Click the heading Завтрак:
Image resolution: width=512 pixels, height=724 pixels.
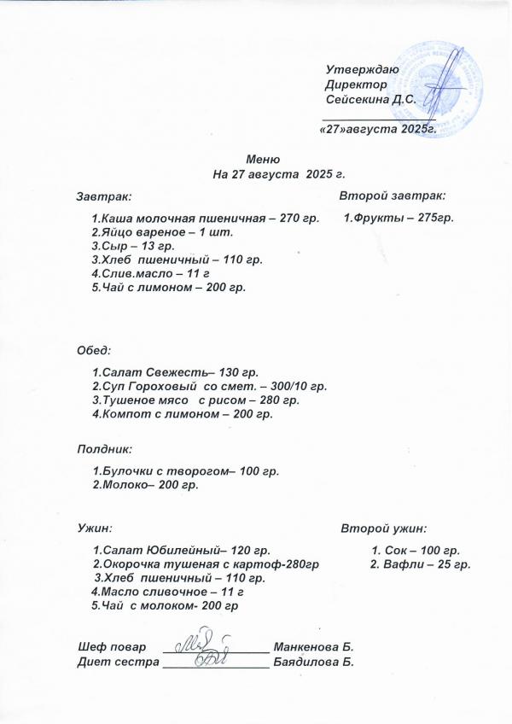click(x=103, y=196)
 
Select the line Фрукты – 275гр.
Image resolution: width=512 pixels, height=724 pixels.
click(x=398, y=218)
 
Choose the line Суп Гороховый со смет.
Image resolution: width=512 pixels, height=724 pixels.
click(x=209, y=387)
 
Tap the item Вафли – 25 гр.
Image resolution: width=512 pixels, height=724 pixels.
click(x=421, y=564)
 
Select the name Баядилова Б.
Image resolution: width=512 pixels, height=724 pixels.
click(x=312, y=661)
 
